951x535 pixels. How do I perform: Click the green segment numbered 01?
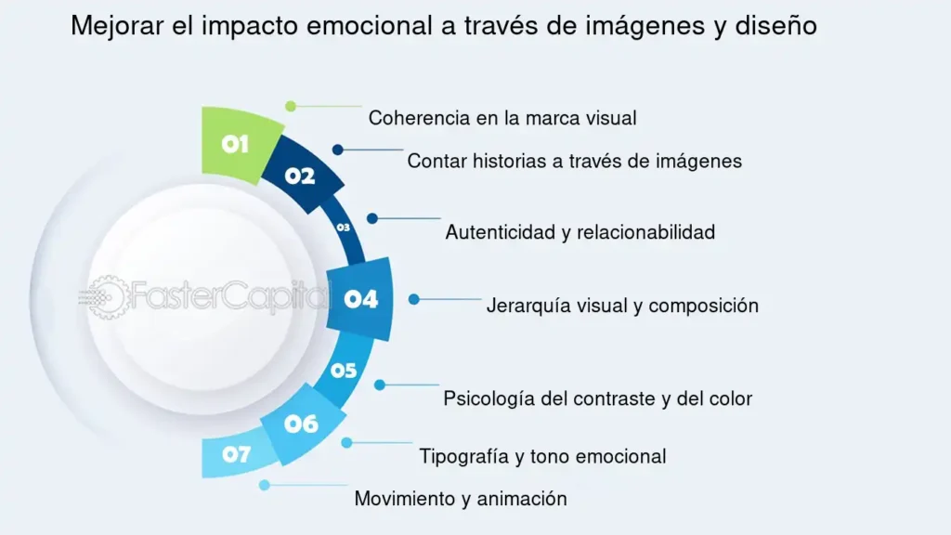coord(238,144)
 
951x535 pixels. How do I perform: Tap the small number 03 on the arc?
coord(344,228)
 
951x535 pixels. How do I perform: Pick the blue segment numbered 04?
coord(360,299)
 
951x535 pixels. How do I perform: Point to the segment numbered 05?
coord(344,370)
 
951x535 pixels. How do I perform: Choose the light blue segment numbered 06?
coord(303,424)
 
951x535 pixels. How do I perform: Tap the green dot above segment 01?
coord(291,106)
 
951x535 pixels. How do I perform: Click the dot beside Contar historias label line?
coord(338,150)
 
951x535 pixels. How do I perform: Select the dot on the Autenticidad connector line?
coord(372,218)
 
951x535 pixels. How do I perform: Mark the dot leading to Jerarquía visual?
coord(413,299)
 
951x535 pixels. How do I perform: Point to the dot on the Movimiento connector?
coord(265,485)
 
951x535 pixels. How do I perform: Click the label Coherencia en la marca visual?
coord(502,118)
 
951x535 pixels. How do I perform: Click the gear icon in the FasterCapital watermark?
coord(108,297)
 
